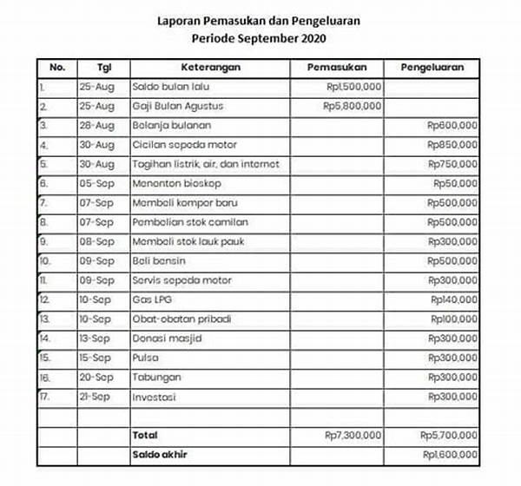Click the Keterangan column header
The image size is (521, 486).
[x=210, y=66]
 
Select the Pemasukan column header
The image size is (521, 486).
[x=343, y=66]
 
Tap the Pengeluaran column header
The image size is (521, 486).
[x=432, y=66]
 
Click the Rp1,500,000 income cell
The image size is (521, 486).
[x=351, y=87]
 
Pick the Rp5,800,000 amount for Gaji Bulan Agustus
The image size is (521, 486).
[x=351, y=106]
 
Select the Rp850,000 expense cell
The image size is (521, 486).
[x=452, y=144]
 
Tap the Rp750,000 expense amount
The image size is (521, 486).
[x=452, y=164]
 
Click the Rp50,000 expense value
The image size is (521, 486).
[x=455, y=183]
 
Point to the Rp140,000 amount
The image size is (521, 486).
[x=453, y=299]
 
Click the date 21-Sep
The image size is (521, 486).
[x=100, y=396]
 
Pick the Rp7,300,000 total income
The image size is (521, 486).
[x=351, y=434]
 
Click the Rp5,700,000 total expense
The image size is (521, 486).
[x=448, y=434]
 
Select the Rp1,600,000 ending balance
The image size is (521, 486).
[x=449, y=453]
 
